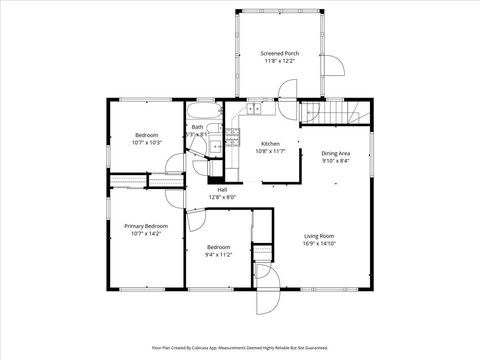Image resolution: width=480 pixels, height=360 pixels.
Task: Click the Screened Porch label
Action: point(279,53)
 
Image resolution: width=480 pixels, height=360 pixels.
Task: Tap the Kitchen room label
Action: point(270,143)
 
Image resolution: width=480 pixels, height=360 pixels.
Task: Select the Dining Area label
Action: point(336,153)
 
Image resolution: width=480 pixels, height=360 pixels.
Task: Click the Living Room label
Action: point(320,236)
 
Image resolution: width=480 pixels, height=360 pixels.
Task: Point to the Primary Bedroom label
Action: point(146,226)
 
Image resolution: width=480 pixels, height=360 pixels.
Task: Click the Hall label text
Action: point(222,190)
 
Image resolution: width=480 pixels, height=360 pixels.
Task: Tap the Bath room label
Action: point(198,127)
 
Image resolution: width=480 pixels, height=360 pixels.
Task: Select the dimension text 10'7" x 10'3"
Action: point(146,142)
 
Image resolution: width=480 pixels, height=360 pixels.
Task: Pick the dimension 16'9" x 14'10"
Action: point(320,244)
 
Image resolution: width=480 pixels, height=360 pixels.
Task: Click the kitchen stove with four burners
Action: point(234,136)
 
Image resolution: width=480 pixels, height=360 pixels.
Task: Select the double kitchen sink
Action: point(255,107)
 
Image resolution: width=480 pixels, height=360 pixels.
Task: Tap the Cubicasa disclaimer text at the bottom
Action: point(240,348)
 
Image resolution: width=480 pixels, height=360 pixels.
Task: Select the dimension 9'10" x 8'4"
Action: point(336,160)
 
